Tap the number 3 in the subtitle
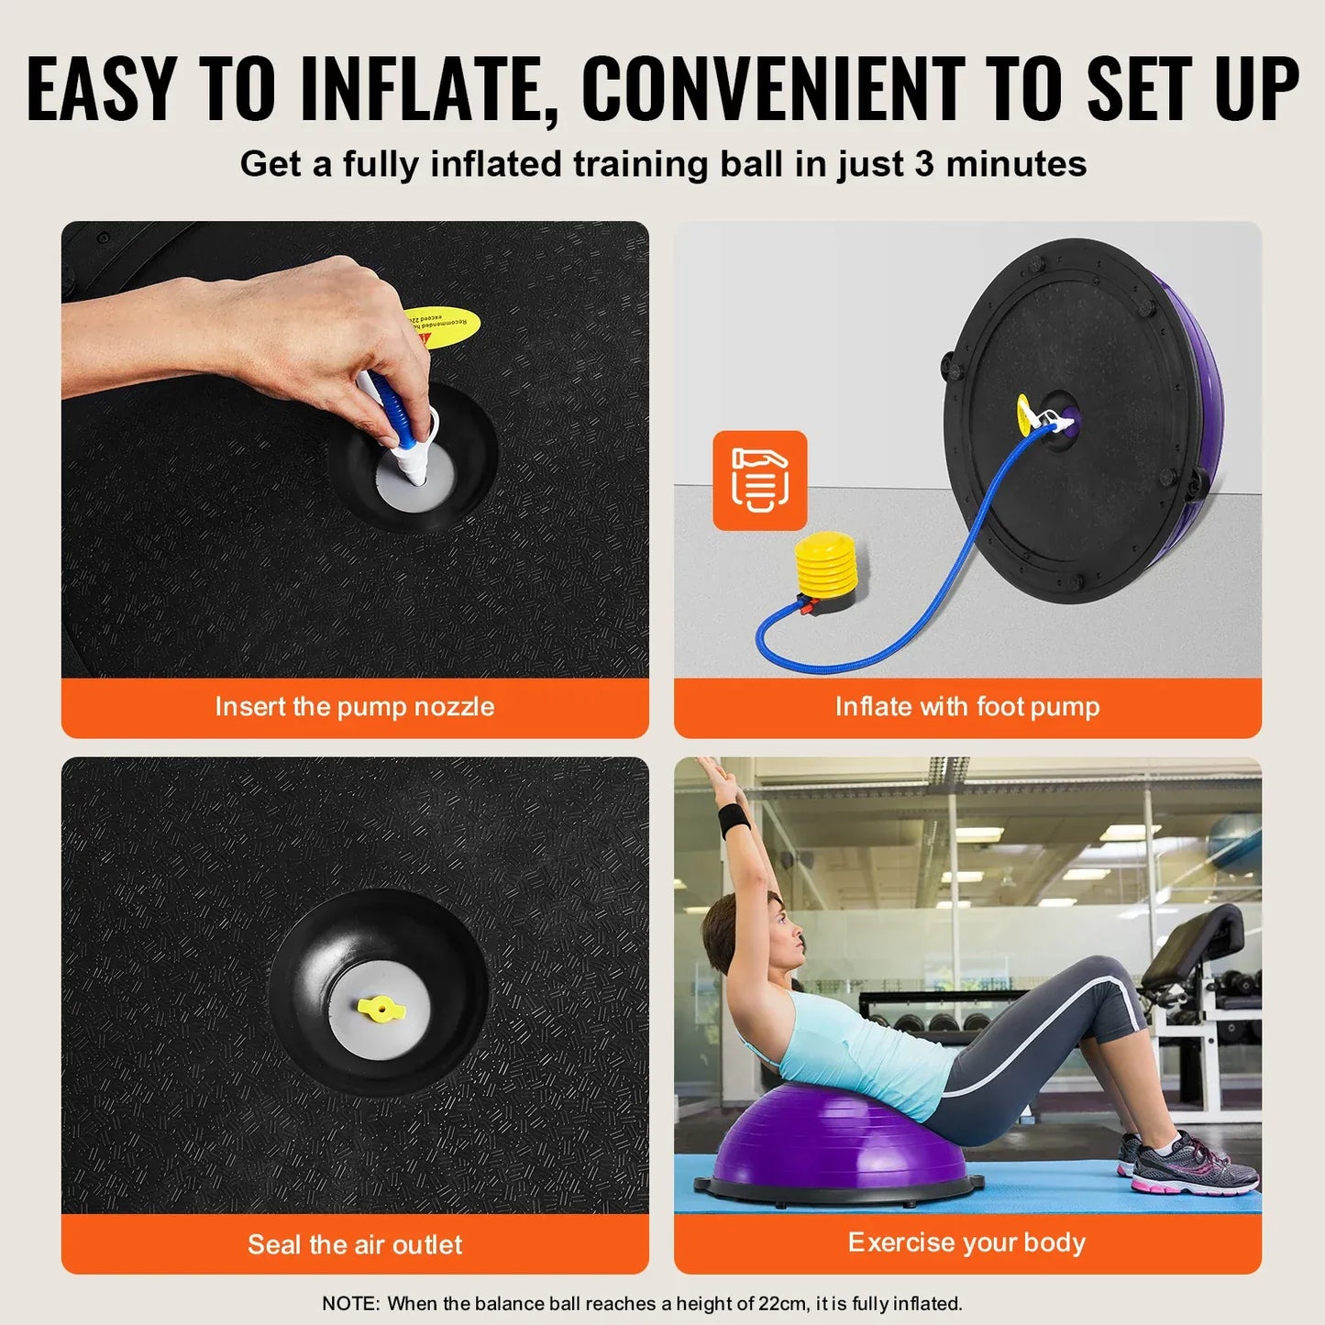click(x=923, y=164)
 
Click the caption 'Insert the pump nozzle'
click(x=355, y=706)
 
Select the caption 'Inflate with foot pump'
click(x=967, y=706)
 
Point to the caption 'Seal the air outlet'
click(x=355, y=1244)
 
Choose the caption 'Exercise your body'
click(x=966, y=1242)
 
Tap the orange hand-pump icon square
click(x=760, y=480)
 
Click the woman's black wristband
click(x=734, y=820)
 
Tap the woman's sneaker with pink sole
click(x=1192, y=1169)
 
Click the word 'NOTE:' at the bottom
click(x=350, y=1303)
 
